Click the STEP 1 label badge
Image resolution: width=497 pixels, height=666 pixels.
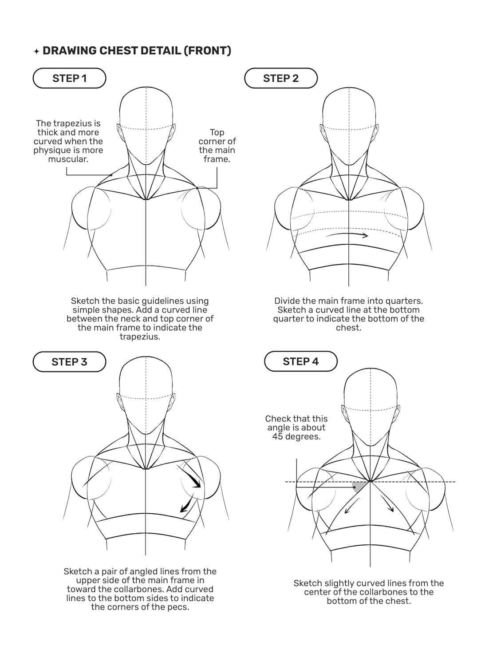69,78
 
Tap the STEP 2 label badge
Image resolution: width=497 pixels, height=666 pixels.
280,78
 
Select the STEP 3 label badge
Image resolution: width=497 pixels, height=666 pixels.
69,362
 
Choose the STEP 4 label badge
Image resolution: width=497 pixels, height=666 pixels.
300,361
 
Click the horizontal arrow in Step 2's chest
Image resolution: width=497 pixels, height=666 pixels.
347,235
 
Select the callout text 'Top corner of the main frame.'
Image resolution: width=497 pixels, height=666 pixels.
217,146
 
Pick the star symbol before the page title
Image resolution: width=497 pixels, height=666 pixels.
36,52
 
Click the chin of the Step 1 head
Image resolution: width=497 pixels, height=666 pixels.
146,163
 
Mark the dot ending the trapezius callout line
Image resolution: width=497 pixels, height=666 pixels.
111,175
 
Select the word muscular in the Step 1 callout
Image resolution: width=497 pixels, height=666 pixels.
68,159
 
